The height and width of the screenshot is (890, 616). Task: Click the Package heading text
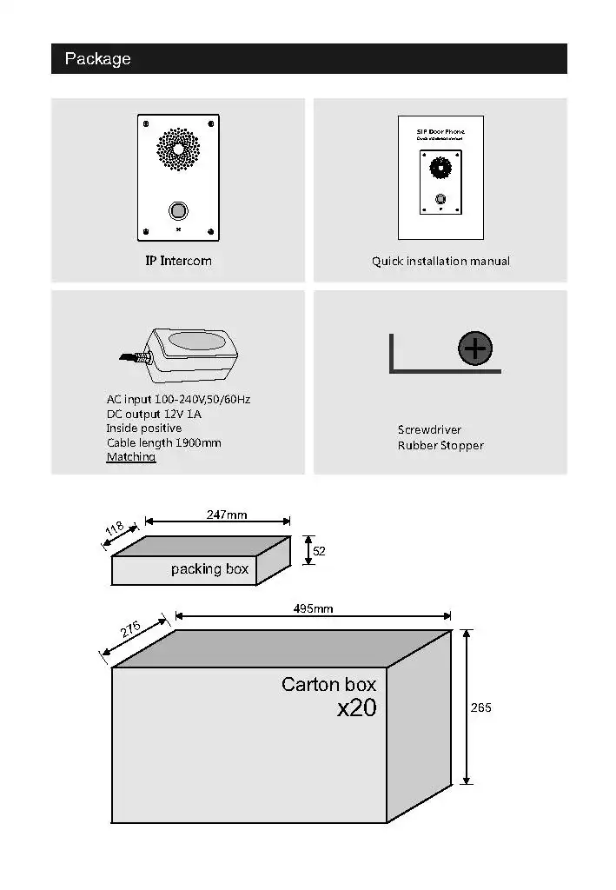coord(97,59)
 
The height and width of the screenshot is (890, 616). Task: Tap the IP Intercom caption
coord(178,261)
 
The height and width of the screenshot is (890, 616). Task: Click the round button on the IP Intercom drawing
coord(178,210)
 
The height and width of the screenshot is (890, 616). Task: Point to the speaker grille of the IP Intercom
coord(178,149)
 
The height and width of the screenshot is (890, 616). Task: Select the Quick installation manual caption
coord(440,261)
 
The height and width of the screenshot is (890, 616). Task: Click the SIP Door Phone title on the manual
coord(440,131)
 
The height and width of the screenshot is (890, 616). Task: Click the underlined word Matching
coord(131,457)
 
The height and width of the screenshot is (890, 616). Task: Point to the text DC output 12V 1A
coord(155,415)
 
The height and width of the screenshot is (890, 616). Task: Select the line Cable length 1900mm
coord(163,443)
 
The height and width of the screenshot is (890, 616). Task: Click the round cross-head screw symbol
coord(475,349)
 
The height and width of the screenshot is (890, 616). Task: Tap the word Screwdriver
coord(429,430)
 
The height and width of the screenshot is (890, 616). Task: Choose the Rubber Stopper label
coord(440,446)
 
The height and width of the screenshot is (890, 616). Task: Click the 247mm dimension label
coord(227,515)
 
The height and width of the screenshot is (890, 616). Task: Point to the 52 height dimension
coord(319,551)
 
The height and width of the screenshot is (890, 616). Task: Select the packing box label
coord(209,569)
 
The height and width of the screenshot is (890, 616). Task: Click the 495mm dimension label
coord(313,608)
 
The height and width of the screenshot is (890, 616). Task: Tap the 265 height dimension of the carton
coord(481,708)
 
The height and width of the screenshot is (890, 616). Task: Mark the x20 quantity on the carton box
coord(357,708)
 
